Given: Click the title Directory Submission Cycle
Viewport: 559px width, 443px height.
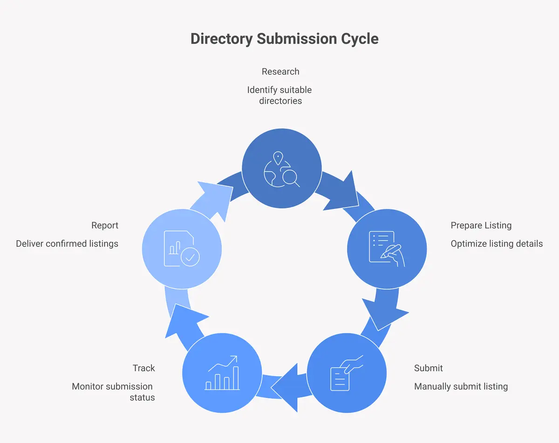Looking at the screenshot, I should click(x=284, y=39).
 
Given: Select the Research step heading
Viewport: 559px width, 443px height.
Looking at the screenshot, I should click(x=280, y=71).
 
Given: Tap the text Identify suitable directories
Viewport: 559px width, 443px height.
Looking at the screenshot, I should click(x=279, y=95).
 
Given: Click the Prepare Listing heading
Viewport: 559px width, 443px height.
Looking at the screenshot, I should click(x=481, y=225).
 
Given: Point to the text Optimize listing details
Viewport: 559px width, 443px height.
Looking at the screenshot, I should click(x=497, y=243).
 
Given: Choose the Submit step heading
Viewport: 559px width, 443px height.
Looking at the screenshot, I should click(x=428, y=368).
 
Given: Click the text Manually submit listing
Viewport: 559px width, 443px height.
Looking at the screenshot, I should click(x=461, y=386).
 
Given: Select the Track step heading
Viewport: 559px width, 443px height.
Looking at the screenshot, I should click(x=143, y=368).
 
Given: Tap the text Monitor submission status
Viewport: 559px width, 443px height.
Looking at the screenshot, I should click(x=113, y=392).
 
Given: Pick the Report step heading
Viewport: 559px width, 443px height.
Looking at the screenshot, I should click(x=105, y=225).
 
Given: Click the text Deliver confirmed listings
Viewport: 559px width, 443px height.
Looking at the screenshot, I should click(x=67, y=243).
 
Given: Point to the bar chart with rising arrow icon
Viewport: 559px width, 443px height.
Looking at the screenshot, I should click(x=222, y=373).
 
